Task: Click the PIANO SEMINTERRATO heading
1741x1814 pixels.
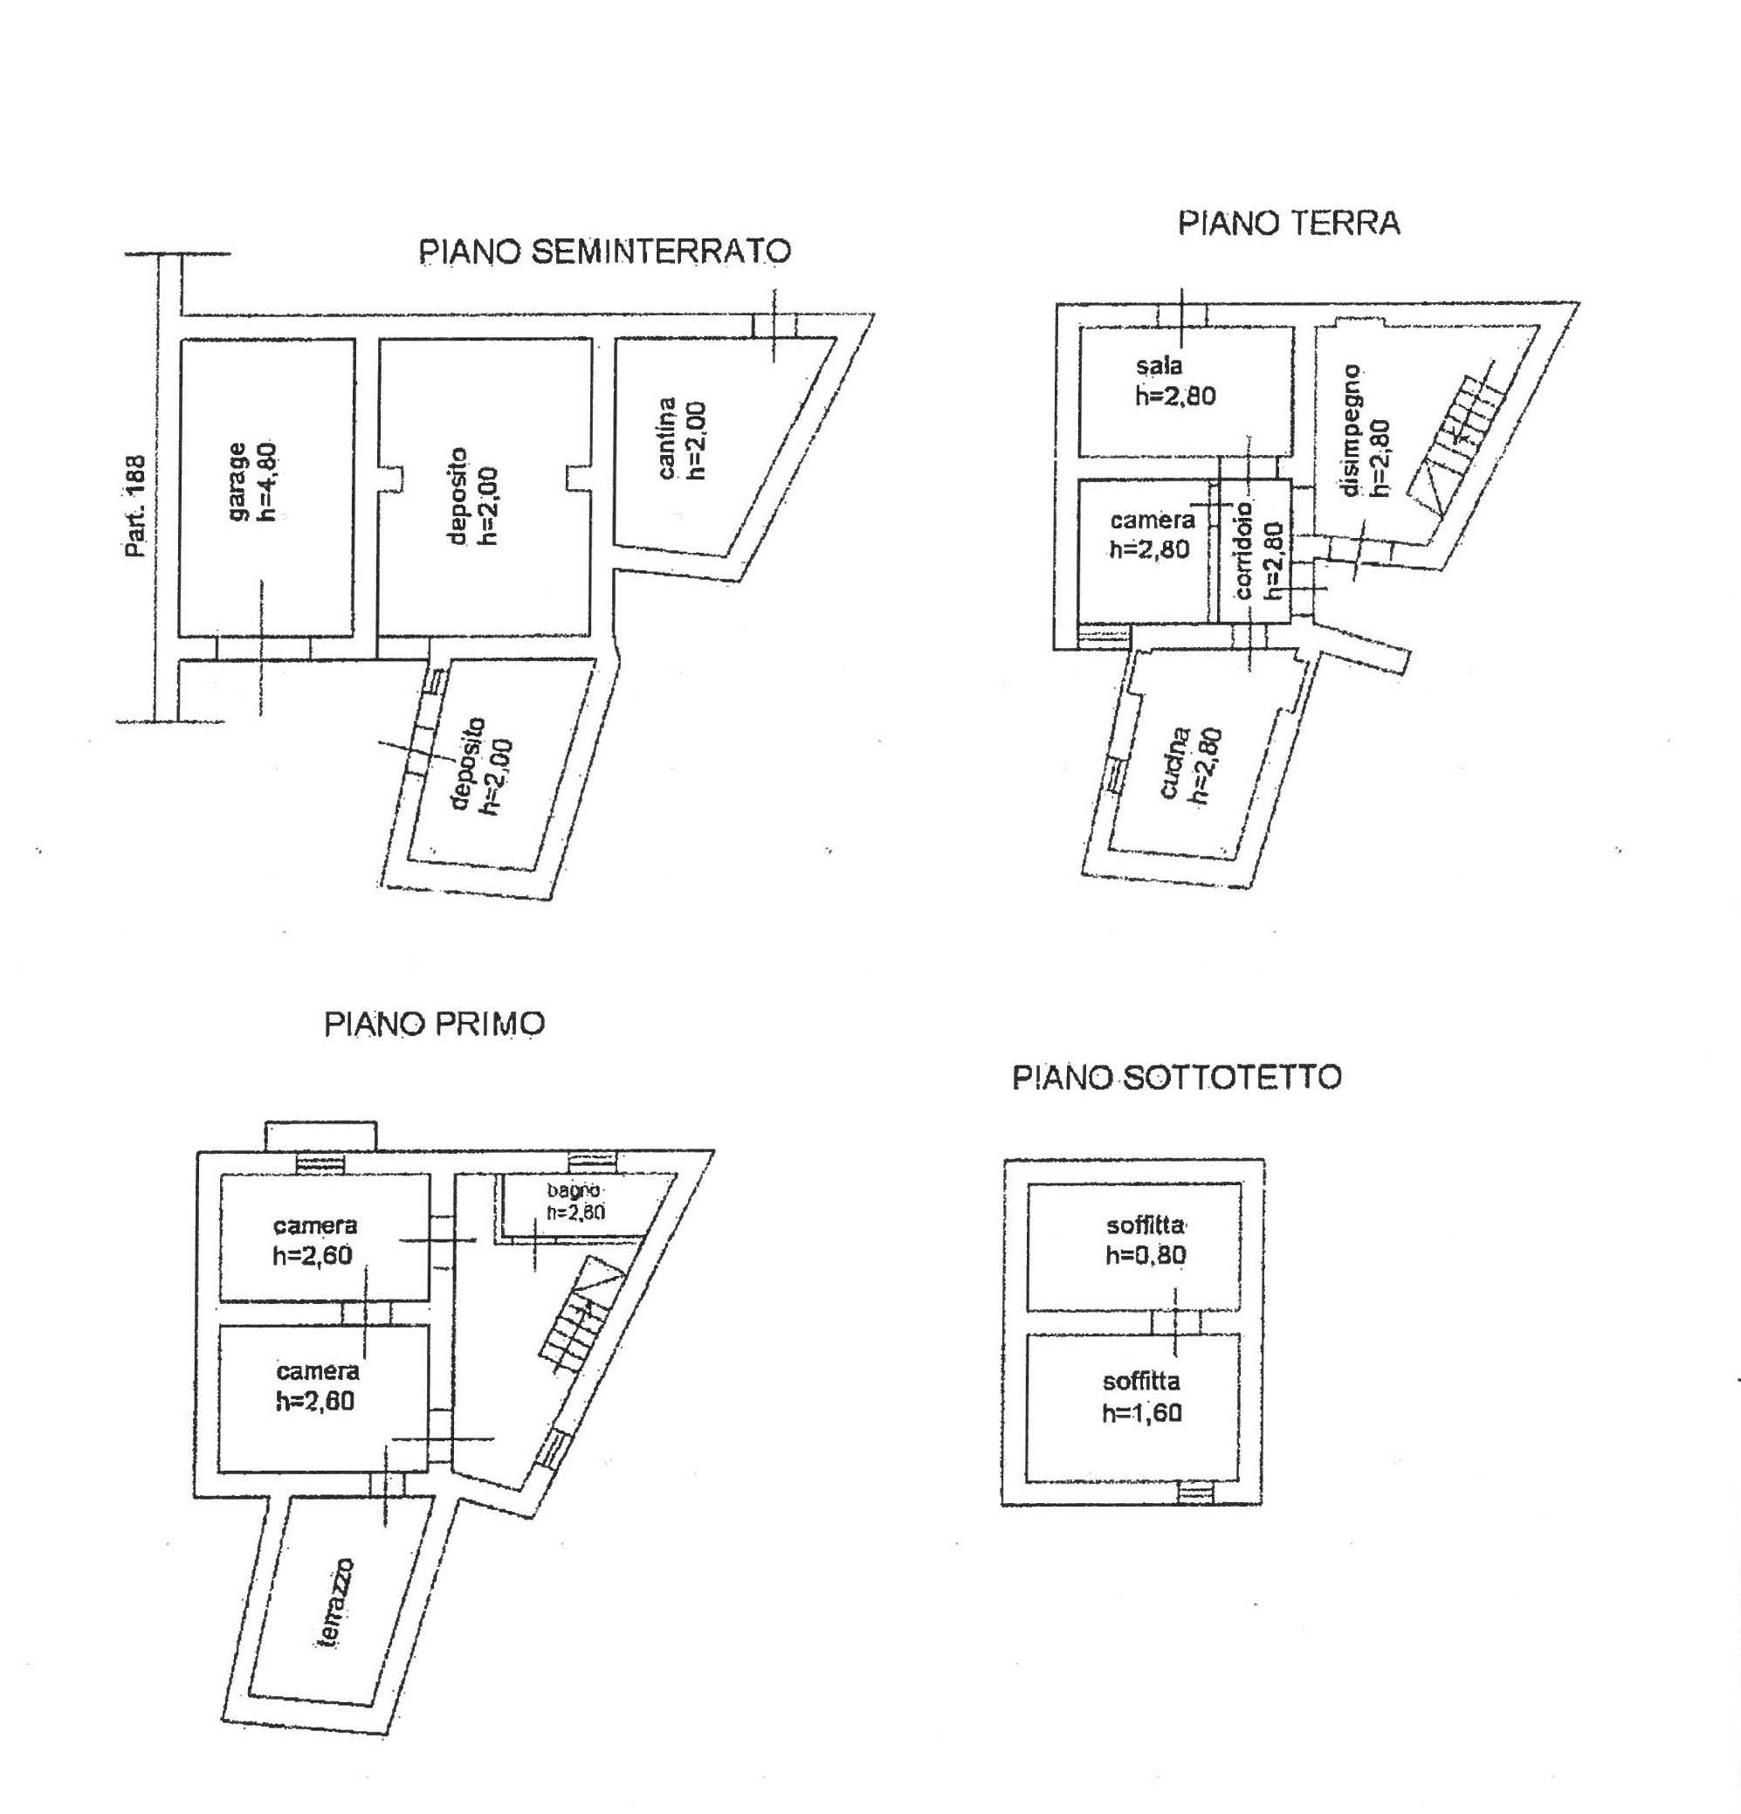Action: (x=605, y=252)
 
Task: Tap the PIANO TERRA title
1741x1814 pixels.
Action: (x=1289, y=223)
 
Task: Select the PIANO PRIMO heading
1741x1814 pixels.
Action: (x=434, y=1024)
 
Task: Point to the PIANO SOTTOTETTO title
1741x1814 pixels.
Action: (x=1176, y=1077)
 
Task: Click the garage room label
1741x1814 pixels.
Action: (x=238, y=481)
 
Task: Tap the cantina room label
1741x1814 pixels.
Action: (x=667, y=438)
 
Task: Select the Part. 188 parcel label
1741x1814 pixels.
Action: (x=136, y=506)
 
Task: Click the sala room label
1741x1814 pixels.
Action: (x=1160, y=366)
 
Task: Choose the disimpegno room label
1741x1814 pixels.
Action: (x=1352, y=431)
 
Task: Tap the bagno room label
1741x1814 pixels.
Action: (x=574, y=1190)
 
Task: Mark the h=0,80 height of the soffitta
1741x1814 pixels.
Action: (x=1146, y=1255)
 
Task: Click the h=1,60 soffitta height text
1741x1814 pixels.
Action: (x=1142, y=1412)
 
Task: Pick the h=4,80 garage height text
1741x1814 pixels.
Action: (x=268, y=481)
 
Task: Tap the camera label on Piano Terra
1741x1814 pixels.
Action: (x=1153, y=521)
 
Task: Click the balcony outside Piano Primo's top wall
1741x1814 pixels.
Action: (x=321, y=1135)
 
